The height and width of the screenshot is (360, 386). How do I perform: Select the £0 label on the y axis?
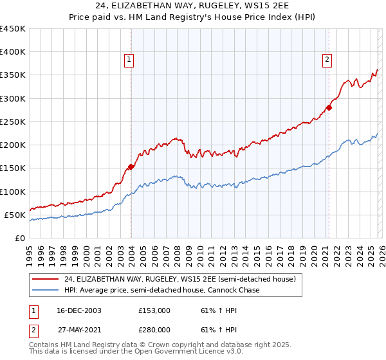tap(19, 238)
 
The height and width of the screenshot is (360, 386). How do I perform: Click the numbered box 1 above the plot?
tap(129, 60)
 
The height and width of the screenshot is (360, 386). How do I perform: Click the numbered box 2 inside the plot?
tap(327, 60)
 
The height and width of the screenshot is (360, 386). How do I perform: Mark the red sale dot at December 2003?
tap(131, 166)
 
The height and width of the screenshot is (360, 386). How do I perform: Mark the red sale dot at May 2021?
tap(329, 107)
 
